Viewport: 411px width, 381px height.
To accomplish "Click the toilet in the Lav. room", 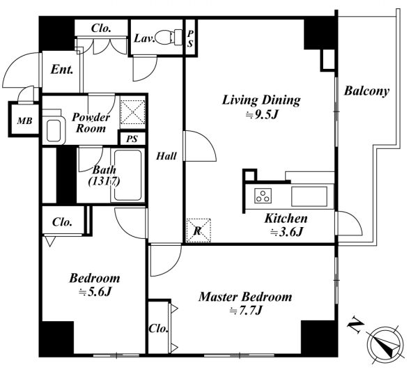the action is (x=169, y=37).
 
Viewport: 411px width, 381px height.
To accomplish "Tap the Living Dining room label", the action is (x=261, y=100).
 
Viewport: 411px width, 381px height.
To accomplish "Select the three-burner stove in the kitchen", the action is (x=263, y=196).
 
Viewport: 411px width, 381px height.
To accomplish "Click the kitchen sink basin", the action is (x=309, y=196).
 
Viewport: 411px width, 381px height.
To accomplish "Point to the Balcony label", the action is (x=366, y=91).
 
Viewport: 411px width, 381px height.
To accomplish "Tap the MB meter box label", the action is (x=25, y=120).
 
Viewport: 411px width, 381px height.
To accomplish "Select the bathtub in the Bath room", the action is (x=127, y=175).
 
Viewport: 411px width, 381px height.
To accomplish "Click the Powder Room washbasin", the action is (x=54, y=130).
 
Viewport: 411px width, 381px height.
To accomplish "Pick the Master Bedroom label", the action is (x=245, y=297).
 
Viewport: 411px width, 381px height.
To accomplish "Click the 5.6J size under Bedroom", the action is (x=95, y=292).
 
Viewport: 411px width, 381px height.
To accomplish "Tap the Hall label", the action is (x=166, y=156).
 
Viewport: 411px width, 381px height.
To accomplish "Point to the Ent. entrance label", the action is (x=61, y=70).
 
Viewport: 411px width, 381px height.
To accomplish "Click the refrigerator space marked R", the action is (x=199, y=231).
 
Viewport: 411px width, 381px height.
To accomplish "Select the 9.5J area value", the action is (x=261, y=114).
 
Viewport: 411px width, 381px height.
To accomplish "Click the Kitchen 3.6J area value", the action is (x=287, y=232).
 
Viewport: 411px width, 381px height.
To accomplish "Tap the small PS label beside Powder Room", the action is (x=132, y=139).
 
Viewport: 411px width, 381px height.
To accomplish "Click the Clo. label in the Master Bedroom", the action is (x=159, y=328).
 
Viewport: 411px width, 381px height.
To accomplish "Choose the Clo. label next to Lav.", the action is (x=101, y=29).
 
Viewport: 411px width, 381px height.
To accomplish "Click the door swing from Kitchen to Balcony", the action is (x=349, y=224).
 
